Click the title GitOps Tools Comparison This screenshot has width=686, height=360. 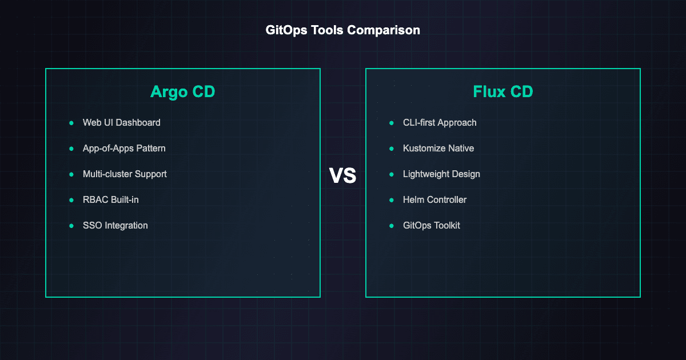click(x=343, y=30)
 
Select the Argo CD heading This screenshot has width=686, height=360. click(x=183, y=91)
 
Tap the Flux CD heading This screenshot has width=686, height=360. click(x=503, y=91)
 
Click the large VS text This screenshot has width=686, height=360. click(x=343, y=177)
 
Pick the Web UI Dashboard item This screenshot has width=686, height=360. click(x=121, y=122)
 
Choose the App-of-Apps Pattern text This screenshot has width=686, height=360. click(x=124, y=148)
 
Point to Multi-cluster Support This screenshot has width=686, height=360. click(x=125, y=174)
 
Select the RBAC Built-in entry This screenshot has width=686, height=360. click(x=111, y=199)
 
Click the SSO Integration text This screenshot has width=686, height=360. click(x=115, y=225)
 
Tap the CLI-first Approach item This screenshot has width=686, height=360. click(x=440, y=122)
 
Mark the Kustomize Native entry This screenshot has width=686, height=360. click(x=438, y=148)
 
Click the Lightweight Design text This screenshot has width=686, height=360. click(x=441, y=174)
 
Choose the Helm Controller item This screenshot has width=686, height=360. click(x=434, y=199)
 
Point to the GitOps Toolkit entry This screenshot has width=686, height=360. click(x=431, y=225)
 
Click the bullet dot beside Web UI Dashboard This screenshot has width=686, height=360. click(x=71, y=123)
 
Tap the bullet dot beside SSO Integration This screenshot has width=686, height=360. click(x=71, y=226)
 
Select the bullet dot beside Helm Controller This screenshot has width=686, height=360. click(x=392, y=200)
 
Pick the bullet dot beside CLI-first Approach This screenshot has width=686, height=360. click(x=392, y=123)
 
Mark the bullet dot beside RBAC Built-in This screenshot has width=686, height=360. click(x=71, y=200)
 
